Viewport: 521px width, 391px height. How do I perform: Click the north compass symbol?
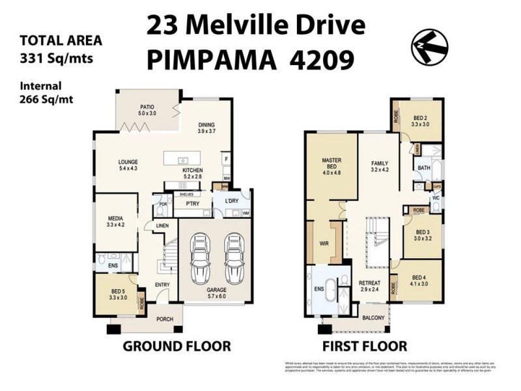pos(429,46)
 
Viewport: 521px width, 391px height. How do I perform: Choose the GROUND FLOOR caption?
pos(176,346)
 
